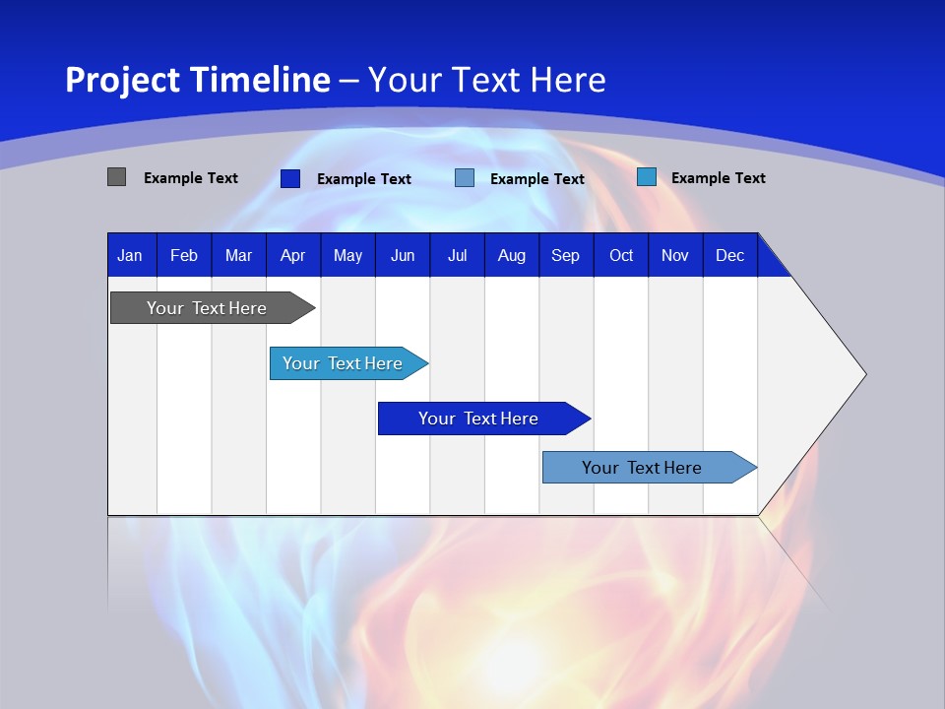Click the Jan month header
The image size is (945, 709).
[x=131, y=255]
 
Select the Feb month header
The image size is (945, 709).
[x=184, y=255]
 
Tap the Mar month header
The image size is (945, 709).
[x=238, y=255]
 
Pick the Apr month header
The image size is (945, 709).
[x=293, y=255]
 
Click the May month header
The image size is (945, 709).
[x=347, y=255]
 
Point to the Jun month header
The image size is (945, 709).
[x=403, y=255]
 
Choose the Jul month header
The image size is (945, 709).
[x=457, y=255]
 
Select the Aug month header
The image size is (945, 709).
[x=512, y=255]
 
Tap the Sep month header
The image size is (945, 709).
[x=566, y=255]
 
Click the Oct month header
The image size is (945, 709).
[x=621, y=255]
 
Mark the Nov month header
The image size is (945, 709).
[x=675, y=255]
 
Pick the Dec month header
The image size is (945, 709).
[x=730, y=255]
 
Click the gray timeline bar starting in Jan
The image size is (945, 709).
[x=208, y=308]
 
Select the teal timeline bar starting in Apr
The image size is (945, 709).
[x=344, y=363]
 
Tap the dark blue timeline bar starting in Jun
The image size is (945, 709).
[x=479, y=419]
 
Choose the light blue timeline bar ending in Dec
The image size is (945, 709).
[x=643, y=468]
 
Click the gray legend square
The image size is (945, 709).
[x=116, y=177]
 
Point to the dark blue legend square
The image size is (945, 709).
[x=289, y=178]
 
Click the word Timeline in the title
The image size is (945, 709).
[x=261, y=80]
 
